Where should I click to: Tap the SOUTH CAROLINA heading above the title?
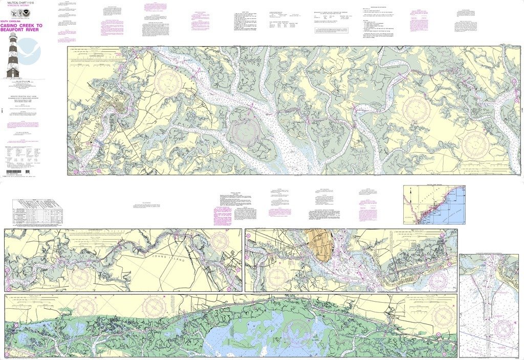point(11,19)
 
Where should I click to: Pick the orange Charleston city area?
point(318,244)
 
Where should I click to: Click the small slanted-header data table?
point(37,213)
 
